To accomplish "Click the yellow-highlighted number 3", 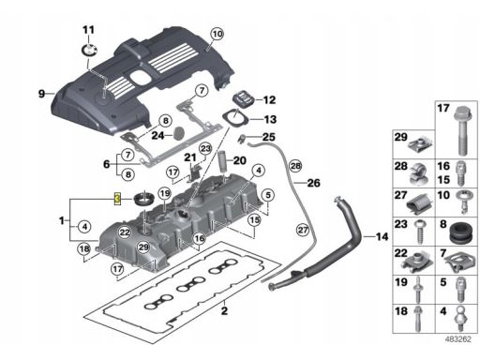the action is click(x=117, y=199).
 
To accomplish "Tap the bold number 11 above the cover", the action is click(x=88, y=30).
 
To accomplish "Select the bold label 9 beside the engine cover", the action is click(x=41, y=94).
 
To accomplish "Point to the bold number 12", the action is click(x=269, y=100).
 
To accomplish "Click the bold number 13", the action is click(x=270, y=119).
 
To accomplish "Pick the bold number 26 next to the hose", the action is click(x=314, y=183).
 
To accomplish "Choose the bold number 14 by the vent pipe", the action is click(x=382, y=236).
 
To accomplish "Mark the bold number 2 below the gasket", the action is click(x=224, y=311).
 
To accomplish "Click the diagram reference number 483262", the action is click(x=458, y=339).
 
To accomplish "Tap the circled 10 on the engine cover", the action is click(x=217, y=34).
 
